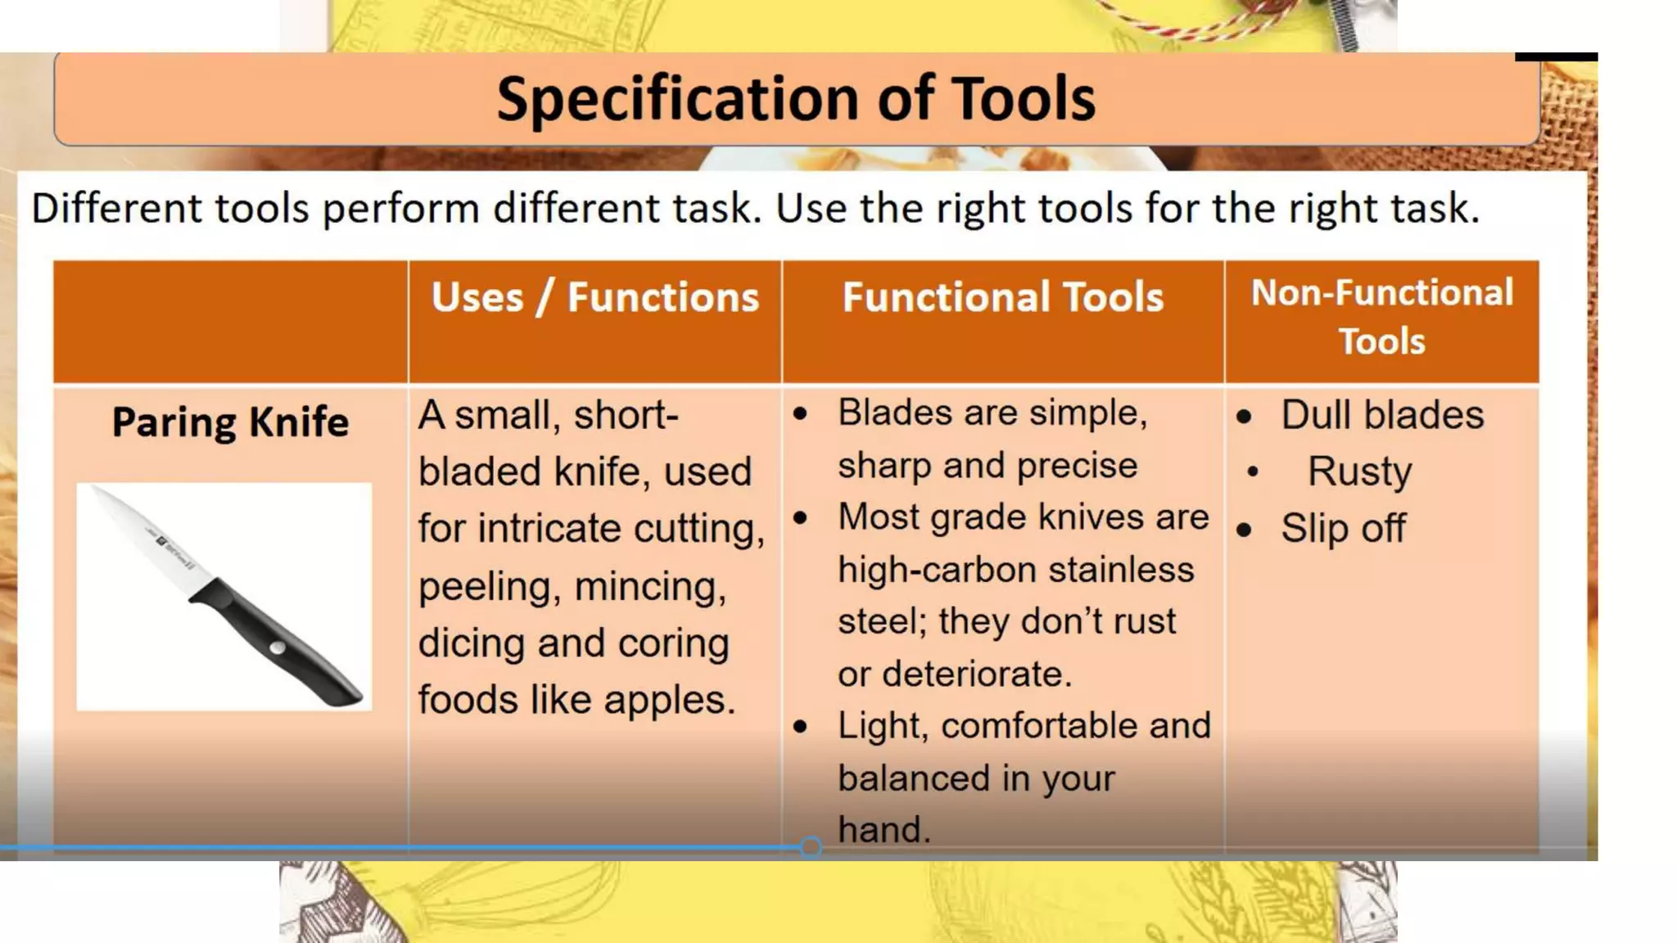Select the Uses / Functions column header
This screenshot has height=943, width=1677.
595,297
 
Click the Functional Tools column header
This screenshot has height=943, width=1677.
1002,297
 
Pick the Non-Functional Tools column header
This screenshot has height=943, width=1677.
1381,317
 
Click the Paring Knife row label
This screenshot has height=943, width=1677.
230,422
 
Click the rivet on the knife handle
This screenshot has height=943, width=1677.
278,648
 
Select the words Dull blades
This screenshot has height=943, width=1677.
1382,415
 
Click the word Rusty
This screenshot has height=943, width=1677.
1359,471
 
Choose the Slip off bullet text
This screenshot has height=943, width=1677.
1343,528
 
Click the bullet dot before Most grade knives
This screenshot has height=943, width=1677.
801,518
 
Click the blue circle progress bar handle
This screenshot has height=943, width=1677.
811,847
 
